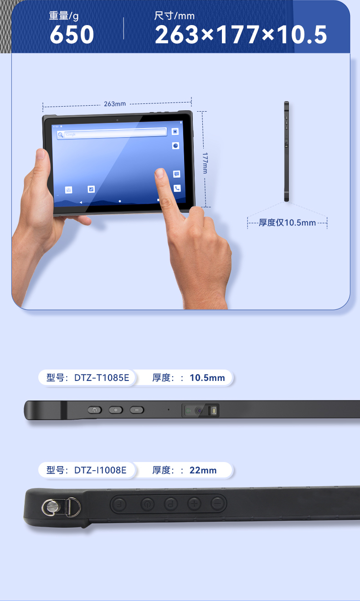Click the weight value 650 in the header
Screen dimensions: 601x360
(72, 35)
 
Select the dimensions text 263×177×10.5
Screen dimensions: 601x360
(241, 35)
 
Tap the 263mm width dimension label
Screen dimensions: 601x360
(114, 104)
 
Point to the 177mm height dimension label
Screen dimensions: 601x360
(205, 162)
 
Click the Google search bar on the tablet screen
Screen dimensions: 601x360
(112, 134)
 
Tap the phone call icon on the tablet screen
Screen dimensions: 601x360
(177, 188)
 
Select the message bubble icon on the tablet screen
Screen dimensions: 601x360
(176, 174)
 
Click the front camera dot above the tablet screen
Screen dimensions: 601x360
(117, 120)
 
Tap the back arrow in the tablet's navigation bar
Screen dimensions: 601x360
(81, 201)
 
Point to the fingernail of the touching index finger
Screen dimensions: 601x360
(159, 173)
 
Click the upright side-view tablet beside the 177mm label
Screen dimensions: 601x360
(286, 151)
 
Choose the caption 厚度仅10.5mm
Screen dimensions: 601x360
(287, 223)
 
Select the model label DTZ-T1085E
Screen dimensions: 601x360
(88, 378)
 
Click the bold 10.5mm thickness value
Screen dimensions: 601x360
(207, 378)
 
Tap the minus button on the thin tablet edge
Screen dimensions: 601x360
(137, 410)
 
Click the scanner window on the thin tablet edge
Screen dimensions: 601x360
(201, 410)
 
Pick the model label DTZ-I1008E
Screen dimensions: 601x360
(87, 470)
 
